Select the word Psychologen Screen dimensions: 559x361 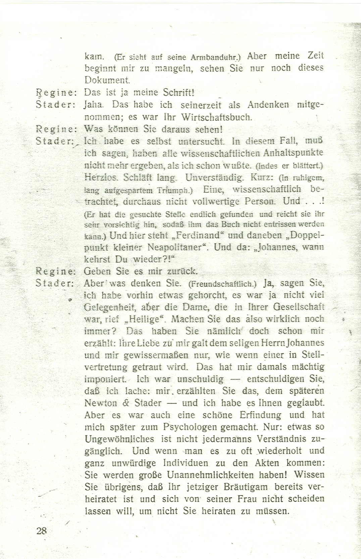coord(191,427)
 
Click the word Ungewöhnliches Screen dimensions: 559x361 coord(115,439)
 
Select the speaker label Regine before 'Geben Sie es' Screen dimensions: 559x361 coord(56,270)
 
